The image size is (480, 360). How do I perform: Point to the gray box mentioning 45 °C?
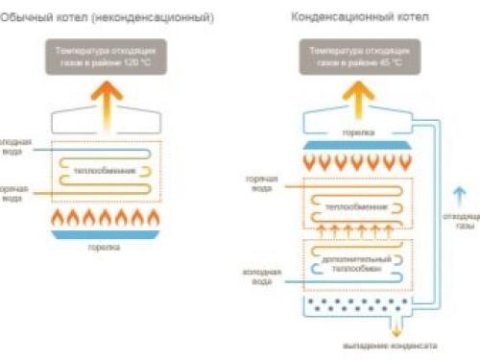tap(356, 53)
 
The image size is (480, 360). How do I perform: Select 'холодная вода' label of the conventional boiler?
tap(13, 145)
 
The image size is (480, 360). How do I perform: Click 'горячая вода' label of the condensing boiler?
tap(260, 185)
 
